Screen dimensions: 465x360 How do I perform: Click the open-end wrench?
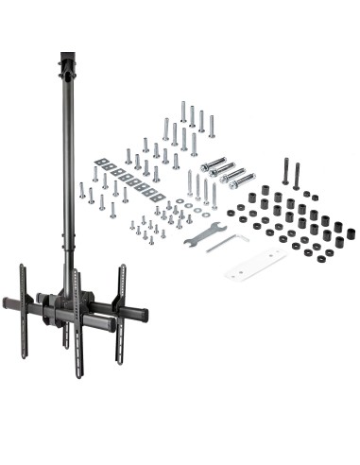(x=205, y=231)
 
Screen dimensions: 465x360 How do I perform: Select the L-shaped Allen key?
(x=228, y=243)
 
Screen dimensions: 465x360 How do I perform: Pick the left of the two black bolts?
(x=284, y=172)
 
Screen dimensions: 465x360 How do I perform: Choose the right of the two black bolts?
(x=297, y=174)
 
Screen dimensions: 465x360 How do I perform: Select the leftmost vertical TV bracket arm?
(x=24, y=298)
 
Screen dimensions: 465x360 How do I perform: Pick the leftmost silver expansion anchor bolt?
(x=212, y=164)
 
